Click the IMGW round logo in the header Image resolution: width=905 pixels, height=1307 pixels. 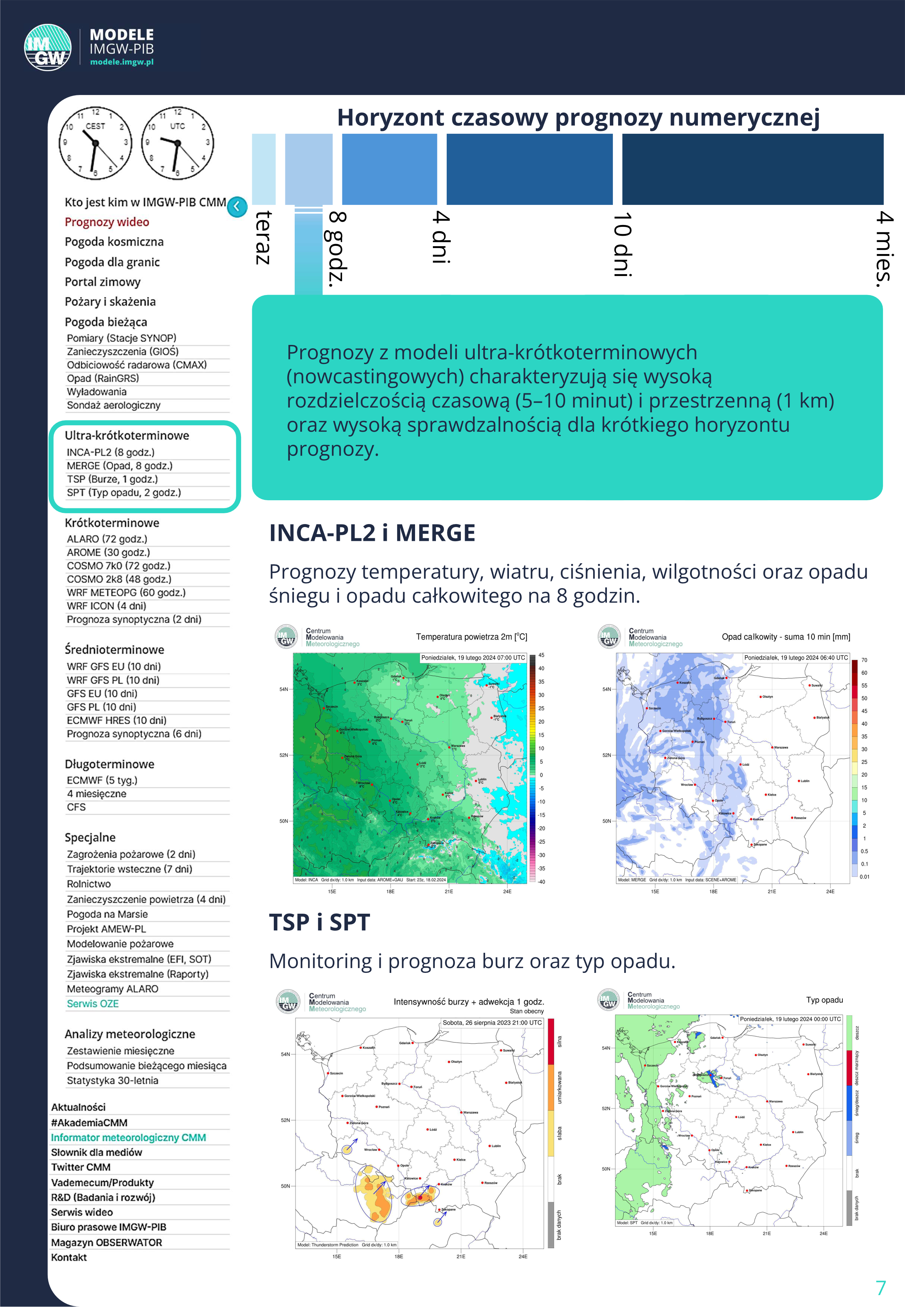point(48,48)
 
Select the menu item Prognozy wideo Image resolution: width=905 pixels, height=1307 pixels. point(107,222)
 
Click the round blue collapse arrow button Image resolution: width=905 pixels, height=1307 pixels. point(237,206)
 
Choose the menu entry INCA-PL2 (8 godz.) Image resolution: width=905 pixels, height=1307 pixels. point(111,452)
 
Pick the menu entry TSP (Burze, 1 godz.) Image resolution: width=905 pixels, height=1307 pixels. point(112,479)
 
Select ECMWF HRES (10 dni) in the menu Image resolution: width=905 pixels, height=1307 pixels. point(116,720)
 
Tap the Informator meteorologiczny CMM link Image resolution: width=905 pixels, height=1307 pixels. point(128,1138)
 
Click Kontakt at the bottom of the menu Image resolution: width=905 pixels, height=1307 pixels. point(69,1257)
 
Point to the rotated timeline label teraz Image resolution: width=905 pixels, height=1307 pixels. point(263,238)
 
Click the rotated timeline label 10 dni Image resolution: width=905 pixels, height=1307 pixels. point(622,245)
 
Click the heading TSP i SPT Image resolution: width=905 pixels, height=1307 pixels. point(319,922)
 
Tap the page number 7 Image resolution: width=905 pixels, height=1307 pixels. point(881,1288)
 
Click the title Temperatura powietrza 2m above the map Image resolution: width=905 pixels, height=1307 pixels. point(471,637)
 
